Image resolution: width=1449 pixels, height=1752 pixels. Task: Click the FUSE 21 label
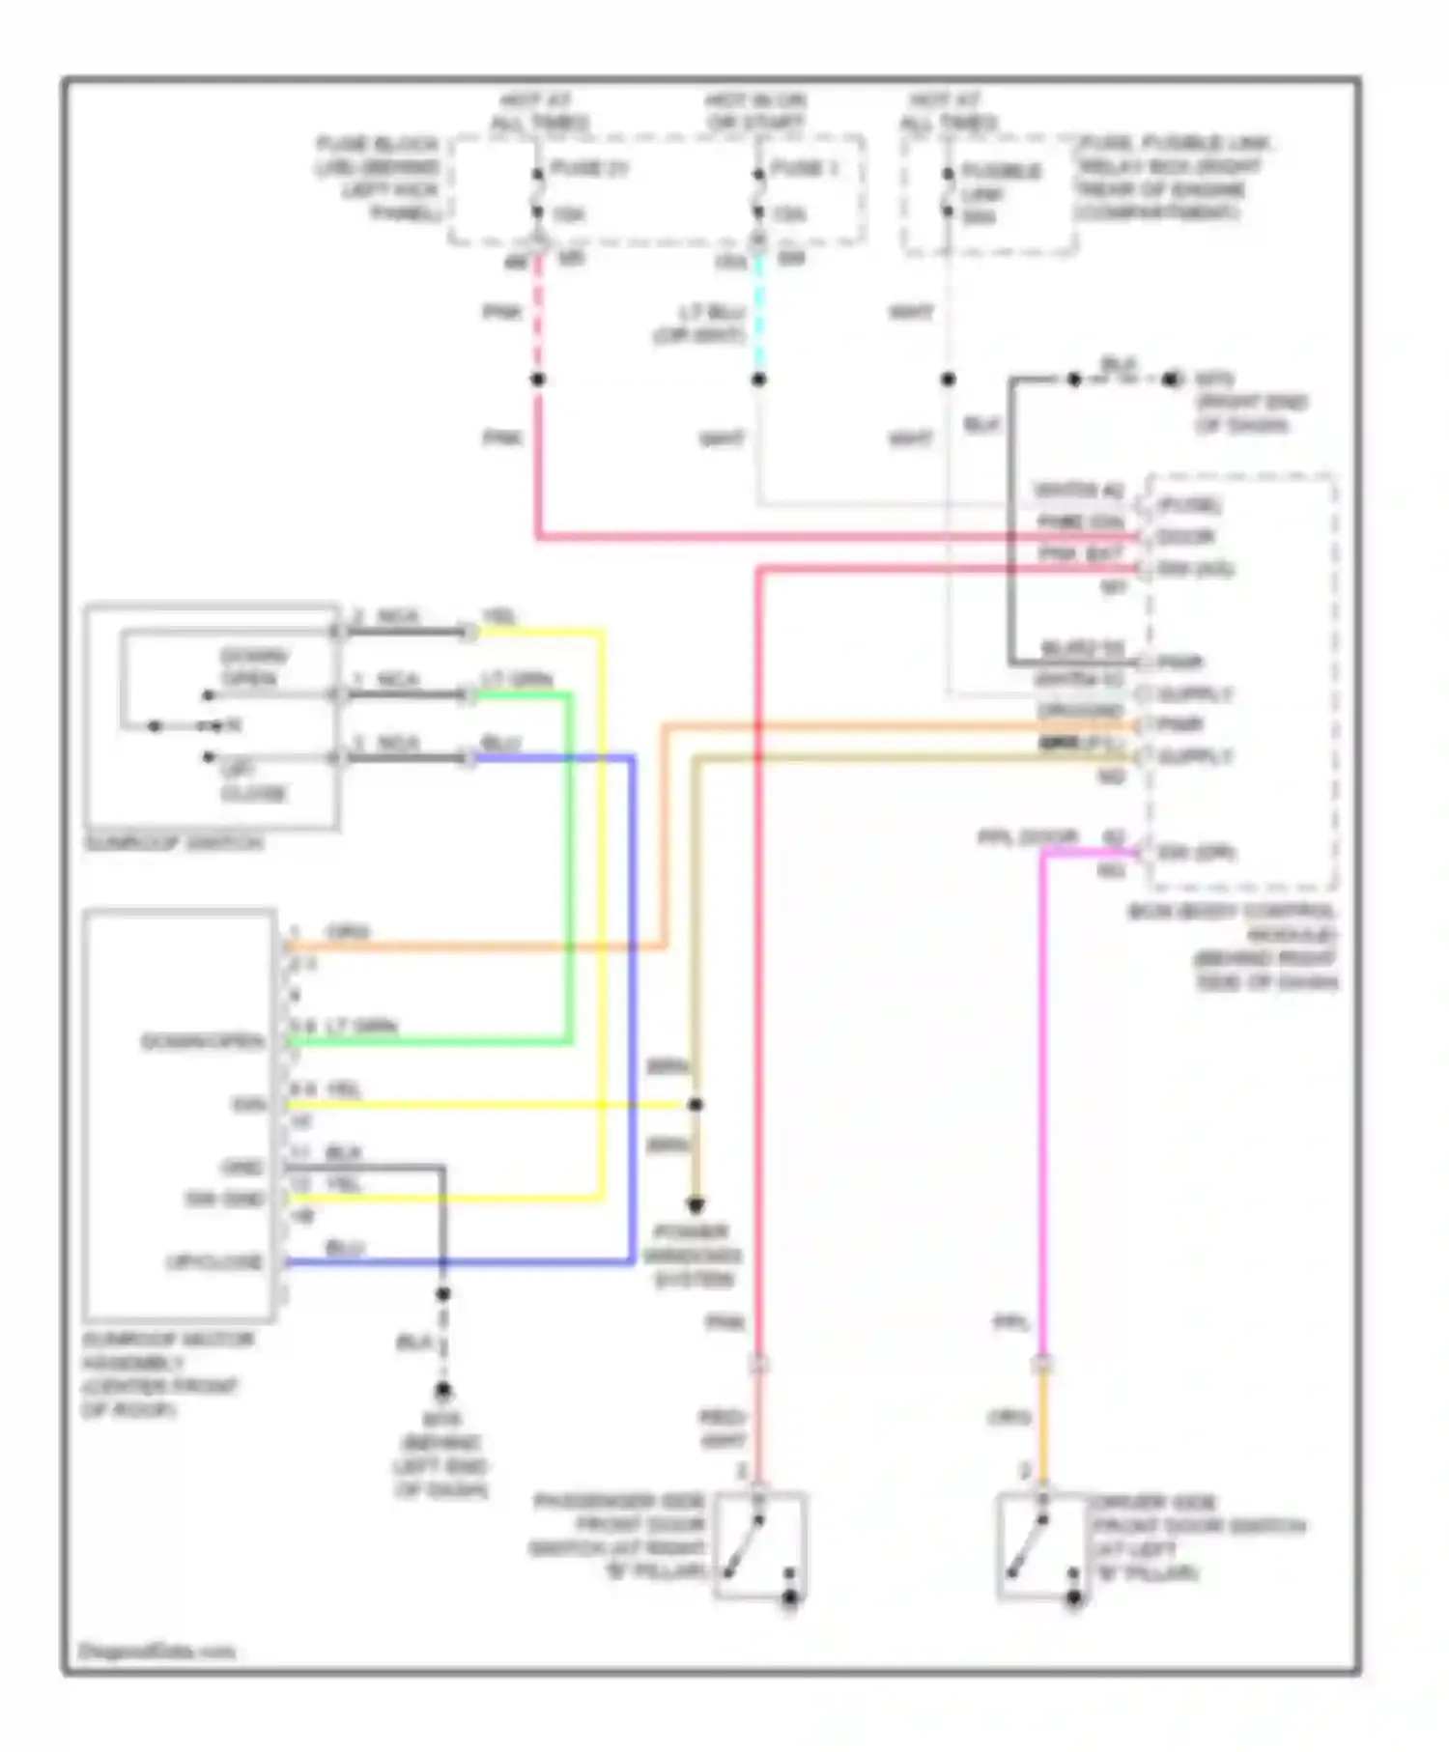pyautogui.click(x=588, y=168)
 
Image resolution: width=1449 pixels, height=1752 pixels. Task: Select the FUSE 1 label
pyautogui.click(x=804, y=168)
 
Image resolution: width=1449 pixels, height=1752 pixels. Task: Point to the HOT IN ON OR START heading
pyautogui.click(x=754, y=112)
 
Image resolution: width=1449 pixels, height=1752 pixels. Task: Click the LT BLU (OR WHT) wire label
pyautogui.click(x=698, y=324)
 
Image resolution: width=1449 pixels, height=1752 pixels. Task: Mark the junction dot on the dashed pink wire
pyautogui.click(x=538, y=380)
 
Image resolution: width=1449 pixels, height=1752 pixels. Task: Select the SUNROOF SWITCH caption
pyautogui.click(x=174, y=843)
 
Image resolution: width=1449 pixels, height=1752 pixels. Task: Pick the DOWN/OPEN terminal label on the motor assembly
pyautogui.click(x=203, y=1041)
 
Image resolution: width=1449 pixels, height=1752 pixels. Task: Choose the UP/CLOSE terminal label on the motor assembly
pyautogui.click(x=214, y=1261)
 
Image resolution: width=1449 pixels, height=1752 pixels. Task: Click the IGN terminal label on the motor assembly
pyautogui.click(x=248, y=1104)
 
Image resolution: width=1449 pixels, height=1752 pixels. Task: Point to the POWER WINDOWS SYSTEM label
pyautogui.click(x=692, y=1256)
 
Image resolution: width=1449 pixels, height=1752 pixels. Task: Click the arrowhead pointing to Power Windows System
pyautogui.click(x=695, y=1204)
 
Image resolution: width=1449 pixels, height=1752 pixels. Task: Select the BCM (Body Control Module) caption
pyautogui.click(x=1234, y=947)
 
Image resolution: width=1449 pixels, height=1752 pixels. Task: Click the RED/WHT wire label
pyautogui.click(x=723, y=1429)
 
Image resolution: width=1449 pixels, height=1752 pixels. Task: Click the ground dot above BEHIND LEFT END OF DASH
pyautogui.click(x=442, y=1391)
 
